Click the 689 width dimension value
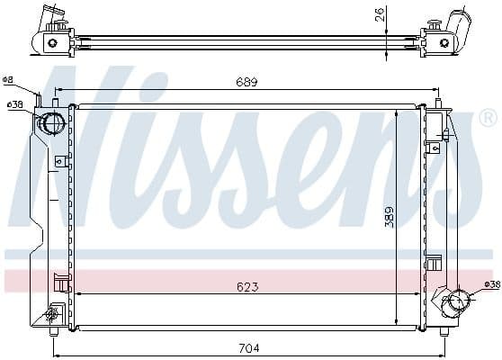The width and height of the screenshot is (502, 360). pos(247,83)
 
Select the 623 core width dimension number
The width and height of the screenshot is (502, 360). pos(247,287)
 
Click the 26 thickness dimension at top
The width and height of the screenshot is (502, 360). pos(381,13)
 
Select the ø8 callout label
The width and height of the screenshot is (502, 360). pos(8,80)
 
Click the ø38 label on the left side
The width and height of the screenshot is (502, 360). pos(14,105)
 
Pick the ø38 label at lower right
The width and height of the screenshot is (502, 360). pos(492,285)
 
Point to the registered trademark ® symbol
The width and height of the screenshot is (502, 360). pos(487,117)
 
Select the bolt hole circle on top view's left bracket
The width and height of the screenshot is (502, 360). pos(52,41)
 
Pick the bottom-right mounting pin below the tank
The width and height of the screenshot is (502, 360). pos(443,329)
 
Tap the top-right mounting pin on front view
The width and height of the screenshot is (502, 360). pos(439,100)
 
